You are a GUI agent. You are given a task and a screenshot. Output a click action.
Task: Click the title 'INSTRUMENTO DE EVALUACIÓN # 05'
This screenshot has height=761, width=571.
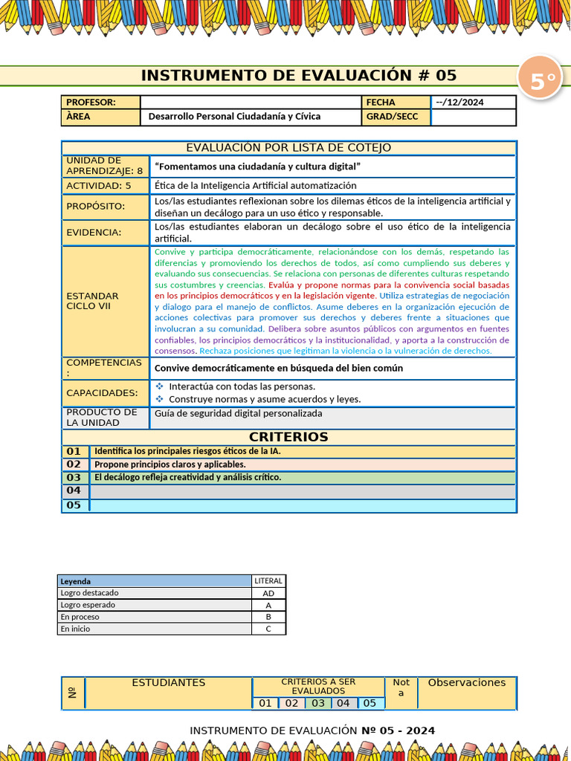point(299,76)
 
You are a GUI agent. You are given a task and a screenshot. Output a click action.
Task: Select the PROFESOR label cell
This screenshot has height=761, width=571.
point(100,103)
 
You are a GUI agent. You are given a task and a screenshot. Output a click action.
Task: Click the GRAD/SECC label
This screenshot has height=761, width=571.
point(392,117)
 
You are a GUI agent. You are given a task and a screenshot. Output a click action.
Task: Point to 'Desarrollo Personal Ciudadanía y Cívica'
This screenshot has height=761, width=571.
point(234,117)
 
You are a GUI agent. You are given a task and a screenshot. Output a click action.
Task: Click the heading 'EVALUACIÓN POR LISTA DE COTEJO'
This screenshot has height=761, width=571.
point(288,148)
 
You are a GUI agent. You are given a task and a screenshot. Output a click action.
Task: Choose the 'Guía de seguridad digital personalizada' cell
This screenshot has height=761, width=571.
point(238,413)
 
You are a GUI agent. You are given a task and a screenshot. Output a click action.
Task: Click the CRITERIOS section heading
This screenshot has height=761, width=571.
point(288,437)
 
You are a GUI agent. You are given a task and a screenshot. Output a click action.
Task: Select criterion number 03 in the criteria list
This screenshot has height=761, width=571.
point(74,477)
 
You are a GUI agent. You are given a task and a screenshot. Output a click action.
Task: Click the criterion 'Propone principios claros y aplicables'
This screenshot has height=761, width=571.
point(170,464)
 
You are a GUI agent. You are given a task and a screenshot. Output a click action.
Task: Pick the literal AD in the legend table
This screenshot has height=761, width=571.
point(268,593)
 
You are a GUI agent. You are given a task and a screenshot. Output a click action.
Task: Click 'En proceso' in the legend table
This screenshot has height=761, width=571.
point(80,617)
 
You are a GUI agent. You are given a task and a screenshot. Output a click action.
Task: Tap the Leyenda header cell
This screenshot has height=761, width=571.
point(76,581)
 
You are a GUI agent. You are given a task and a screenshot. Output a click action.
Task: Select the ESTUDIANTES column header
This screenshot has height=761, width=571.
point(169,683)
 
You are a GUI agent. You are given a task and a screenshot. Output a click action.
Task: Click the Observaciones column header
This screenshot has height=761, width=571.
point(466,683)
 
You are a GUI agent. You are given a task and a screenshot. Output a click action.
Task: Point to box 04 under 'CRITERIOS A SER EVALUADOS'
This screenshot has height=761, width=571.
point(343,703)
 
